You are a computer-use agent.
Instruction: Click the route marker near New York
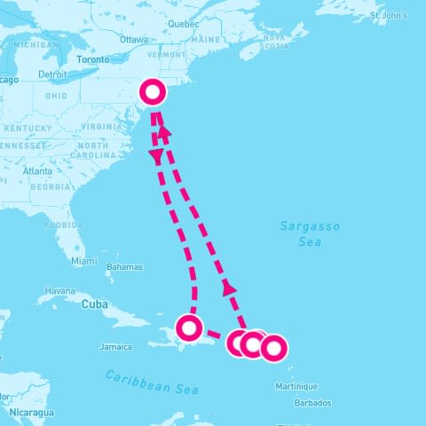(x=153, y=91)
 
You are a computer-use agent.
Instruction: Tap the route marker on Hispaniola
(x=189, y=327)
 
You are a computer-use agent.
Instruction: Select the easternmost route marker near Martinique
(x=272, y=348)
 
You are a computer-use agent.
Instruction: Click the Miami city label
(x=84, y=261)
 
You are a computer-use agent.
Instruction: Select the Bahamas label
(x=124, y=267)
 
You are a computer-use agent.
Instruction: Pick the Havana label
(x=60, y=290)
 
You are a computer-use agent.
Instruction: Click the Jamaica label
(x=115, y=346)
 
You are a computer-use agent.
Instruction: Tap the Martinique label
(x=296, y=386)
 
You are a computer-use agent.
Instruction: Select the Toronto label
(x=93, y=60)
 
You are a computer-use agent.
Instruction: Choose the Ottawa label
(x=133, y=40)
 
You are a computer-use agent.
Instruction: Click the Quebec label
(x=183, y=24)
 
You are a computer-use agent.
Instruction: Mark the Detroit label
(x=53, y=75)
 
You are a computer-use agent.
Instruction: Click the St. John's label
(x=388, y=16)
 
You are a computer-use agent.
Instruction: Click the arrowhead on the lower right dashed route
(x=229, y=288)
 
